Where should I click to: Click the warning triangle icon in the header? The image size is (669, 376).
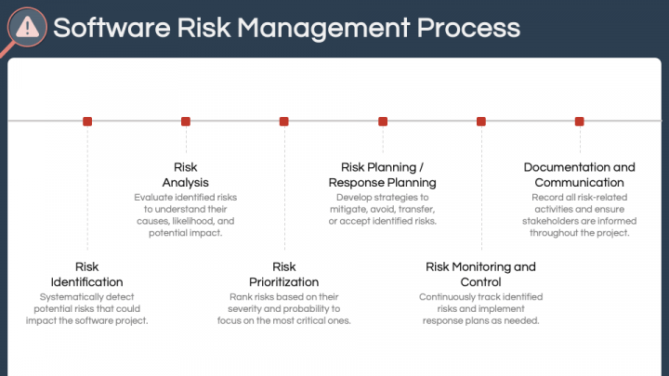[28, 27]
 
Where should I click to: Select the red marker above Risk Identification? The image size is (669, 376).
[87, 121]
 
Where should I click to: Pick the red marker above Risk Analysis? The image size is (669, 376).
[186, 121]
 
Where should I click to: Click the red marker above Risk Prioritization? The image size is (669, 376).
[283, 121]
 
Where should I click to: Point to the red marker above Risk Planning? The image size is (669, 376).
[383, 121]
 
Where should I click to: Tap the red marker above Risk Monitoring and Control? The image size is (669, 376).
[481, 121]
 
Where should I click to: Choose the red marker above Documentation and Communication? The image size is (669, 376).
[580, 121]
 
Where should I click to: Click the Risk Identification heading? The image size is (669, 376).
[87, 274]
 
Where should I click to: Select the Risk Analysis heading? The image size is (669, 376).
[186, 175]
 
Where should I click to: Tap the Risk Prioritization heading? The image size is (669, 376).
[283, 274]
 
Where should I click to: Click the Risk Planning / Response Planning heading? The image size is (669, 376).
[383, 175]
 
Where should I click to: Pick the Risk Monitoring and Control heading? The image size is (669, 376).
[481, 274]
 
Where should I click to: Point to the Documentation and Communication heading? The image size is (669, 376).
[580, 175]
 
